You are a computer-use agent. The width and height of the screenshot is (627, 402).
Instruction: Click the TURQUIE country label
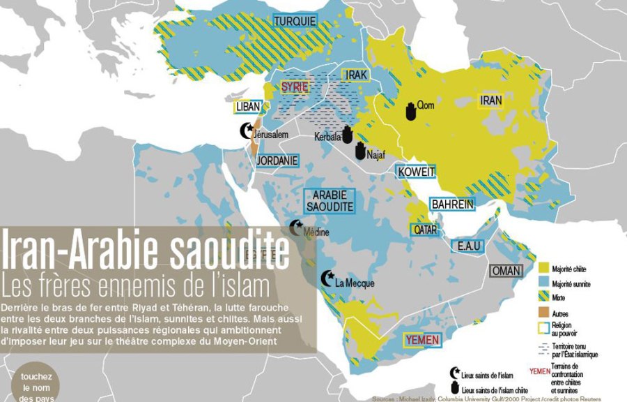coord(295,22)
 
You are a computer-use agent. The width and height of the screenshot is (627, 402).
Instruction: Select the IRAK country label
coord(354,75)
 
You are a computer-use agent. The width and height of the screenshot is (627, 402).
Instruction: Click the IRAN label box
coord(490,100)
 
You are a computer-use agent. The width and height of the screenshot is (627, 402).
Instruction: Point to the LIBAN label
coord(248,107)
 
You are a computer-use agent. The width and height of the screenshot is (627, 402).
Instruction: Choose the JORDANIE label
coord(277,161)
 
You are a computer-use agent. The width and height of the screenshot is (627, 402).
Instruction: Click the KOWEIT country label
coord(416,172)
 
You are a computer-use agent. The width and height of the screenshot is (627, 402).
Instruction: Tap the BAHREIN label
coord(452,204)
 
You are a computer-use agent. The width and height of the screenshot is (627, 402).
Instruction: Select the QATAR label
coord(426,229)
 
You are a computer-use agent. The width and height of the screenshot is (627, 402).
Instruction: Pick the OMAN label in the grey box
coord(506,271)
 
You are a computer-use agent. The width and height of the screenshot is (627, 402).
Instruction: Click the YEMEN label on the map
coord(422,341)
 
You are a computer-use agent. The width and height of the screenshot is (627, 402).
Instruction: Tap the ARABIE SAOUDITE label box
coord(330,200)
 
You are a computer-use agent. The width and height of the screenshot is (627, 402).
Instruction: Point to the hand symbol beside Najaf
coord(359,151)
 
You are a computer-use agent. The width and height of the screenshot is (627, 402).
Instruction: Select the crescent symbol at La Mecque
coord(326,279)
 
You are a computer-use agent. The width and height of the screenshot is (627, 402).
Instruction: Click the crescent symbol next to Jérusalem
coord(246,131)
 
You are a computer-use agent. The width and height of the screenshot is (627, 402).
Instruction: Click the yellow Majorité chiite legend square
coord(544,268)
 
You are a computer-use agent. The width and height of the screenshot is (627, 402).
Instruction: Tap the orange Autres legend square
coord(544,315)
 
